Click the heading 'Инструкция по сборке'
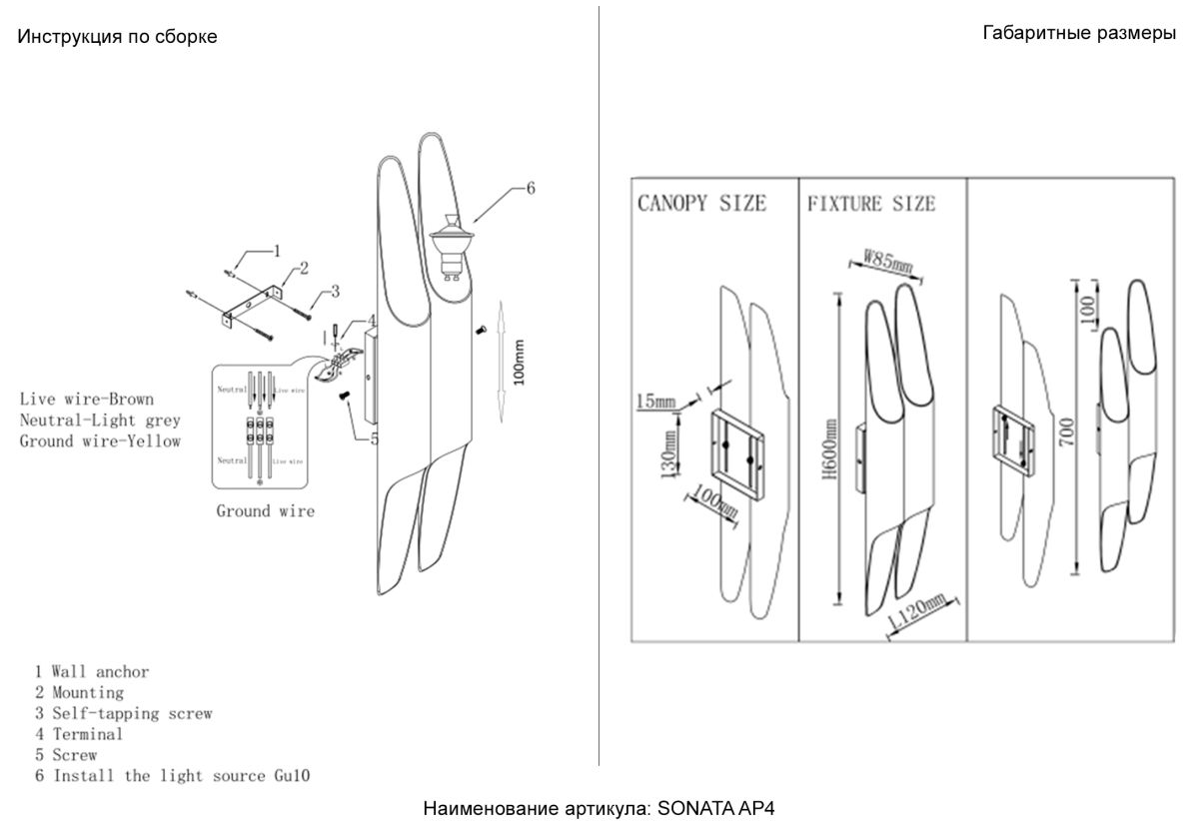(118, 37)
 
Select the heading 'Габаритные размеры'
(1079, 33)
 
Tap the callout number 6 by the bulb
(530, 187)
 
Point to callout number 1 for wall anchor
(277, 250)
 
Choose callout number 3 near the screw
(336, 291)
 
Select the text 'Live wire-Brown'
(87, 400)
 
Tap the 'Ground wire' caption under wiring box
(266, 510)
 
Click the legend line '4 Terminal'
(79, 734)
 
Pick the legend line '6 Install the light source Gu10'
(173, 775)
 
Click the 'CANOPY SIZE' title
(702, 204)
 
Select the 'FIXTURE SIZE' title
(871, 204)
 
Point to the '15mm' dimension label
(655, 402)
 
